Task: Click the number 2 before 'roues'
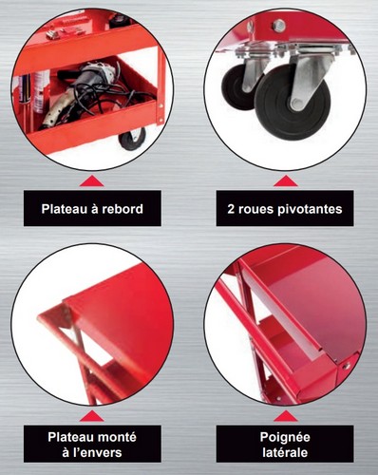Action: (x=231, y=209)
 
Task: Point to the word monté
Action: (x=117, y=437)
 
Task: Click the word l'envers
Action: (x=97, y=452)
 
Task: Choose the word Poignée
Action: (x=285, y=438)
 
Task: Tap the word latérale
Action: (x=285, y=452)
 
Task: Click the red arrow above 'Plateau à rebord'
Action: (x=92, y=181)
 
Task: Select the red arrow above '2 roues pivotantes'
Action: (x=286, y=181)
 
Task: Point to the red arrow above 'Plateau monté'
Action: (x=92, y=416)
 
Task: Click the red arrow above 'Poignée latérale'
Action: (x=286, y=416)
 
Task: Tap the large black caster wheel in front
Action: (x=292, y=103)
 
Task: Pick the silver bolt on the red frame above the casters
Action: (x=279, y=26)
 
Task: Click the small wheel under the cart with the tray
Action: (x=132, y=139)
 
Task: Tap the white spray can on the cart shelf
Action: (x=42, y=92)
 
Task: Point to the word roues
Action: (x=258, y=209)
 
